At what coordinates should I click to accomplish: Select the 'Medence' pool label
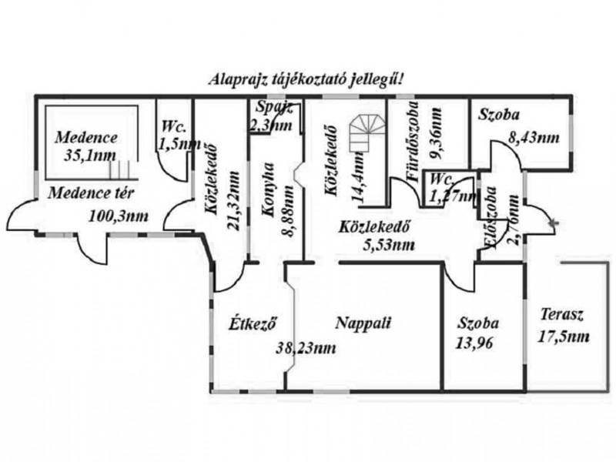coord(86,139)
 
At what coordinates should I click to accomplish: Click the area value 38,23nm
coord(306,348)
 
